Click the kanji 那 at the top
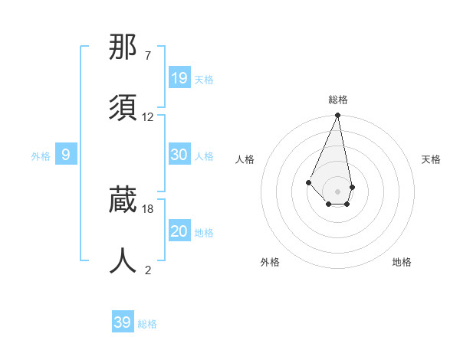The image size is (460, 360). (123, 48)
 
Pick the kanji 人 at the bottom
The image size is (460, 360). (123, 260)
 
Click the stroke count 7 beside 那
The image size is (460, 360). (148, 56)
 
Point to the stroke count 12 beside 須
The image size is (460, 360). (148, 117)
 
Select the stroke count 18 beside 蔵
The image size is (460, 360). (148, 208)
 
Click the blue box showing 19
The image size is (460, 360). (179, 77)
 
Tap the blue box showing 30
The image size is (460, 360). (179, 155)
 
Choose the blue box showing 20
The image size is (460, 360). (179, 231)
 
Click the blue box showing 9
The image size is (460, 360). (66, 155)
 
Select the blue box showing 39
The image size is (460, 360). (122, 322)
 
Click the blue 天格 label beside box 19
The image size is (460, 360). (204, 79)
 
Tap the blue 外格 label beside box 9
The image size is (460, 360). (41, 156)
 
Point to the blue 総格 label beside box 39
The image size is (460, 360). (147, 324)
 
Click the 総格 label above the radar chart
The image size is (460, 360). (338, 100)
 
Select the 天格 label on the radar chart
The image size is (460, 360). (432, 159)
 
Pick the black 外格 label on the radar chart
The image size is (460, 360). (270, 262)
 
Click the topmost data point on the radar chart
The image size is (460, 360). (337, 116)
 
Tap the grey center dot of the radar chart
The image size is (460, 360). (337, 191)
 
